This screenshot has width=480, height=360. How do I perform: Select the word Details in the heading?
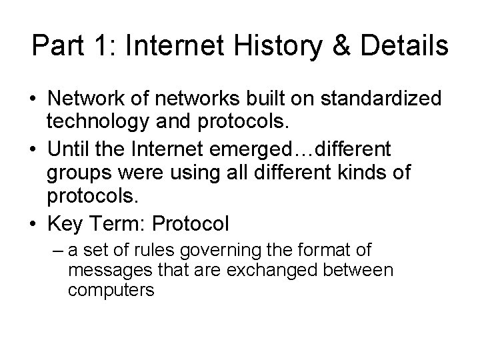click(x=403, y=47)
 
